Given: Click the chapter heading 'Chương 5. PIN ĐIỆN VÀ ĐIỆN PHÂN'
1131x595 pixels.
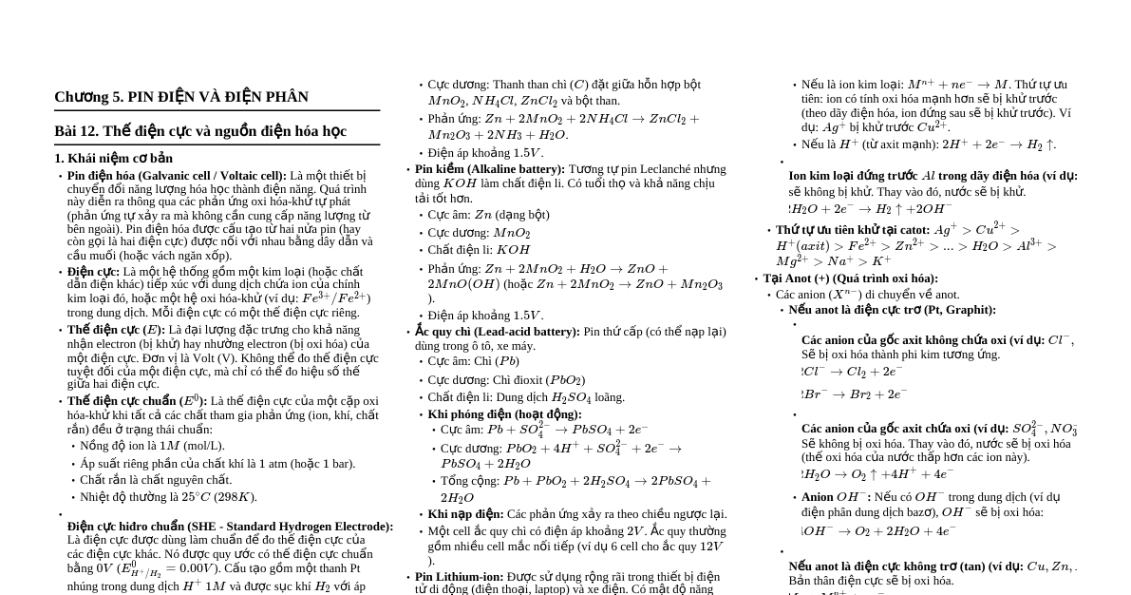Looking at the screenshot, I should click(x=181, y=97).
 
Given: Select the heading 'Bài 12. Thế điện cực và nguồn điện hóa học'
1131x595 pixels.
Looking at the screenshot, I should click(x=200, y=131).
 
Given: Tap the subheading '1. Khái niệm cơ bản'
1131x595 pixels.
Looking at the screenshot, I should click(x=113, y=159).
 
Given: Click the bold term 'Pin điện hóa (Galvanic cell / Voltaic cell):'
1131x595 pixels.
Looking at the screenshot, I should click(x=177, y=176).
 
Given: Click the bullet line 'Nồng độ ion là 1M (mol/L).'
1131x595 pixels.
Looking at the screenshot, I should click(x=152, y=446).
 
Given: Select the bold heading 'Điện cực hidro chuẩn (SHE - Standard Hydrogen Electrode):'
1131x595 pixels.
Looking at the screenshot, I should click(x=230, y=527).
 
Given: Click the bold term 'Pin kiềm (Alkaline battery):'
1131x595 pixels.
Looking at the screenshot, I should click(x=490, y=169).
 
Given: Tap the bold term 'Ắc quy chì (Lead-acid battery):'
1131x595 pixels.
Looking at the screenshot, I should click(x=498, y=332).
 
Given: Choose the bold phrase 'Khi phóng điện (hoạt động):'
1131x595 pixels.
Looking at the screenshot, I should click(x=504, y=414).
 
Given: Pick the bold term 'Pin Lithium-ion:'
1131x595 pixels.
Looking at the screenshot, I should click(x=460, y=577).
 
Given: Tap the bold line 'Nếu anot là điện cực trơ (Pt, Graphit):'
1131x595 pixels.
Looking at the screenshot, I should click(x=892, y=310).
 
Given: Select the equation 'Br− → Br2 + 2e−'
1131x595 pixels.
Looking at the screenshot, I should click(x=855, y=394).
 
